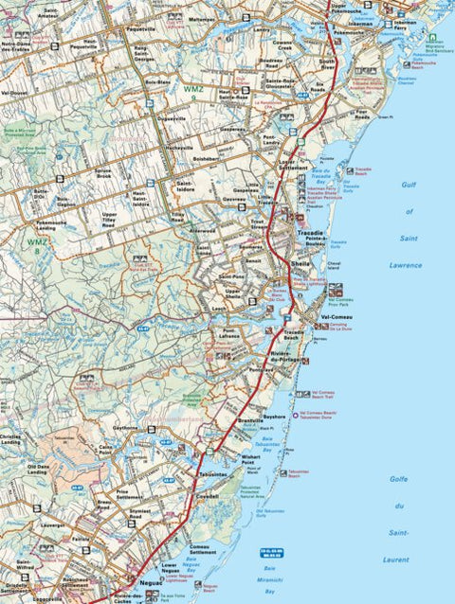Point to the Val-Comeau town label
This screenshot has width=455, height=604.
pos(337,317)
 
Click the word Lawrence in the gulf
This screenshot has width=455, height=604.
pos(405,265)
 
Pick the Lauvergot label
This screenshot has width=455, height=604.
pos(52,523)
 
